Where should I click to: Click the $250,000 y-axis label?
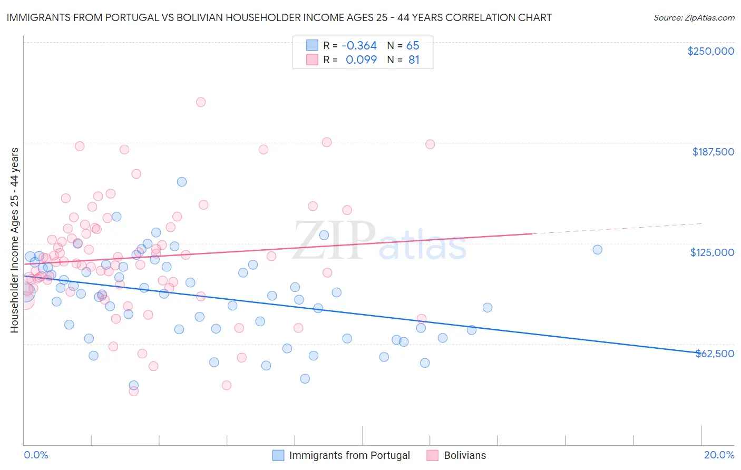(710, 51)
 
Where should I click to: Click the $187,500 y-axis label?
(713, 152)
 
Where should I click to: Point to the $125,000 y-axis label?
(712, 252)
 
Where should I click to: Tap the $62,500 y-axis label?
(715, 354)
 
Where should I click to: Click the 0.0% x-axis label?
(36, 455)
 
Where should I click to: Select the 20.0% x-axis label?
(719, 455)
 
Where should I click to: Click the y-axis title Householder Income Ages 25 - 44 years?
(14, 240)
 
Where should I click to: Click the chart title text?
(279, 17)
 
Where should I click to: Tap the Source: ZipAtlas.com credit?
(694, 17)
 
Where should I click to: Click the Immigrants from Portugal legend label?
(349, 455)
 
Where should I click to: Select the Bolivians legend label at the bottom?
(465, 455)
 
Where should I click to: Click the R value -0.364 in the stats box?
(359, 45)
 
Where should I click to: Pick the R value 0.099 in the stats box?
(361, 60)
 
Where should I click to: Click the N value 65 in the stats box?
(413, 45)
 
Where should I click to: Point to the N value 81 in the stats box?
(414, 60)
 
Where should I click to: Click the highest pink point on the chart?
(200, 102)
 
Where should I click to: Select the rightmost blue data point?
(597, 250)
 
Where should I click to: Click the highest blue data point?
(181, 182)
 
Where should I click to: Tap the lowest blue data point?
(133, 385)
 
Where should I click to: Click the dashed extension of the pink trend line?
(617, 228)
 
